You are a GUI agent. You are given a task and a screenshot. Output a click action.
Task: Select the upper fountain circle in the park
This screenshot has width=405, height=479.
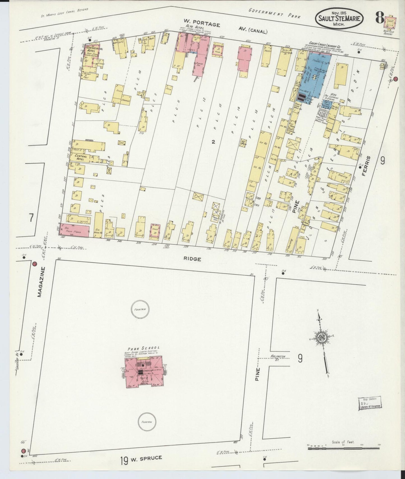[140, 309]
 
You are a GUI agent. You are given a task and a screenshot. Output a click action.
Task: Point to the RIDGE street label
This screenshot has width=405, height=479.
[192, 259]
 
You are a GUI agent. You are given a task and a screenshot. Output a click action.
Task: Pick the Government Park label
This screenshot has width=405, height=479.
[275, 13]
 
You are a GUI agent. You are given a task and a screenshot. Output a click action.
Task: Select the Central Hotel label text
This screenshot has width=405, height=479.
[80, 157]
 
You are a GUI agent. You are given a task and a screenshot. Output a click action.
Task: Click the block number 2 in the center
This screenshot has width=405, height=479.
[213, 142]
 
